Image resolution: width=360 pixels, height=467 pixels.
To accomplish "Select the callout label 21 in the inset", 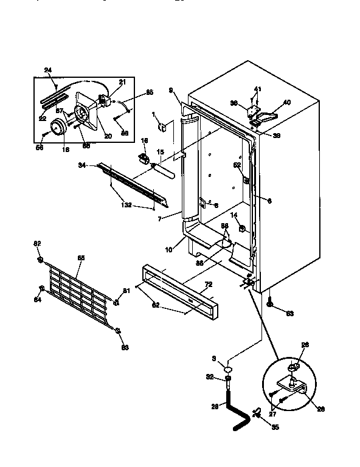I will click(x=122, y=82).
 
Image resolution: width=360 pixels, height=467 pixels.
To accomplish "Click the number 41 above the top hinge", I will click(x=258, y=89).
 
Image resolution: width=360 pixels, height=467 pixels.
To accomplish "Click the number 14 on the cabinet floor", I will click(x=234, y=215).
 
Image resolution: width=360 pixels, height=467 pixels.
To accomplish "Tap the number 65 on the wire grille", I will click(x=80, y=258).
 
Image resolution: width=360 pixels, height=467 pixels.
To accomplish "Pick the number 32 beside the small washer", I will click(x=211, y=378).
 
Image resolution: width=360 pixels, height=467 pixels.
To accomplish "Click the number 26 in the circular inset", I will click(x=305, y=345).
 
